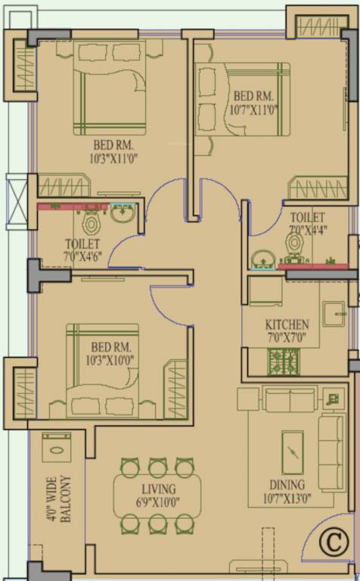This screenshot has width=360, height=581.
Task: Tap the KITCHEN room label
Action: (x=287, y=325)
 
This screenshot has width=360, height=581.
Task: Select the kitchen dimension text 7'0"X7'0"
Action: (x=286, y=337)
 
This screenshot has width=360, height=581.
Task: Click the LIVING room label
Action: (x=157, y=489)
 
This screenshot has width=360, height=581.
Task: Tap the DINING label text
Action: (x=287, y=485)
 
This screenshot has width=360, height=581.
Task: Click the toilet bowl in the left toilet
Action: (x=92, y=222)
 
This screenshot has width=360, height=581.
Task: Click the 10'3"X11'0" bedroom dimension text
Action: (x=114, y=158)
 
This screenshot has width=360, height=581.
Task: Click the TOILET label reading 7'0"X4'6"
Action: (x=83, y=250)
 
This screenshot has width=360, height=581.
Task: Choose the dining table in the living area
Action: (x=157, y=496)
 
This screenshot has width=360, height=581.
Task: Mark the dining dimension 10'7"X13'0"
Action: (x=287, y=499)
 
